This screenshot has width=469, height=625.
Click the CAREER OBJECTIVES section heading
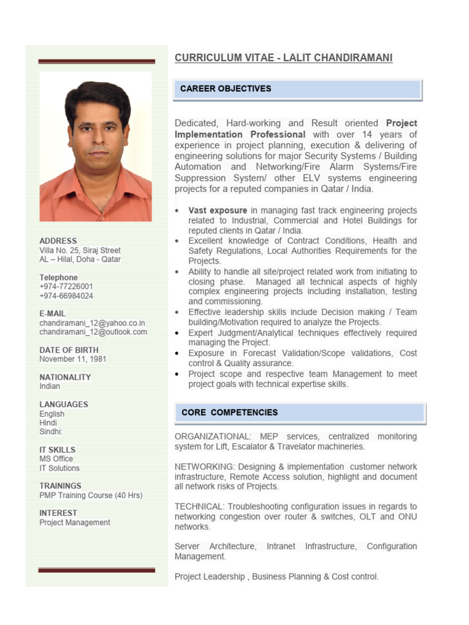[226, 89]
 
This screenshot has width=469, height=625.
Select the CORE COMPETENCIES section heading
[230, 413]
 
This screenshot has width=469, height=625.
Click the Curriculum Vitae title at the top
[283, 58]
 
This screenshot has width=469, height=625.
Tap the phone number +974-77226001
[67, 287]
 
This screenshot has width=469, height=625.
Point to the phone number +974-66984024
[67, 296]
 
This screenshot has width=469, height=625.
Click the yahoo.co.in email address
[92, 323]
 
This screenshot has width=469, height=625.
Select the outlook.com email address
[93, 332]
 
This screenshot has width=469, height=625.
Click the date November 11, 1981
[73, 359]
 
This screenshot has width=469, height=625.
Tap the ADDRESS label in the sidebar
[59, 241]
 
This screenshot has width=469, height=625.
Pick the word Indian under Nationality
[50, 386]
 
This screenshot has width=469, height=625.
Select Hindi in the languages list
[48, 422]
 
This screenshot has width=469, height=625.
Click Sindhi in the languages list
[51, 432]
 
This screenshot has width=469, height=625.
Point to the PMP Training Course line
[91, 496]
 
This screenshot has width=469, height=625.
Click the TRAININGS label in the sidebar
[60, 486]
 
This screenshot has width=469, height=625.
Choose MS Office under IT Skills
[56, 459]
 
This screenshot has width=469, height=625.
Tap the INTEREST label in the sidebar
[59, 513]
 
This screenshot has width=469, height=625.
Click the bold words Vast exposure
[218, 211]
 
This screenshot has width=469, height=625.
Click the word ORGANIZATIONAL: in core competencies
[211, 437]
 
